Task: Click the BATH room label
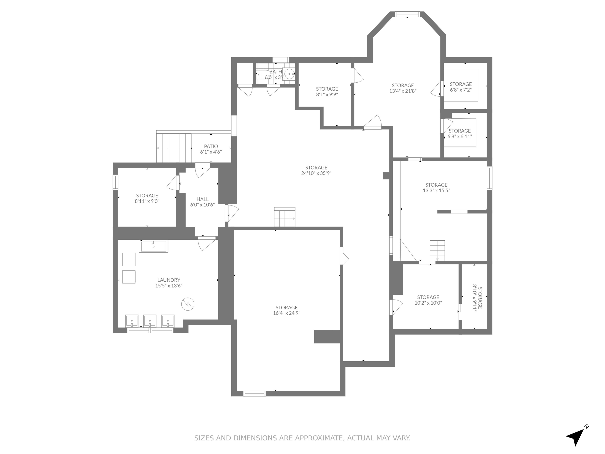pos(276,72)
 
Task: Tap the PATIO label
pos(211,146)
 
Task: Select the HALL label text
pos(202,199)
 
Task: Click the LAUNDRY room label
pos(169,280)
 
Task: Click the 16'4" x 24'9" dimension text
pos(286,313)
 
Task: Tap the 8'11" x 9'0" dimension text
pos(147,201)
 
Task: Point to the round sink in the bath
pos(289,74)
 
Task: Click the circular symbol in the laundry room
pos(188,304)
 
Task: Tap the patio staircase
pos(174,148)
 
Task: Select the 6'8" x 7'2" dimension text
pos(461,90)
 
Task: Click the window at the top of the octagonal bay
pos(407,14)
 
